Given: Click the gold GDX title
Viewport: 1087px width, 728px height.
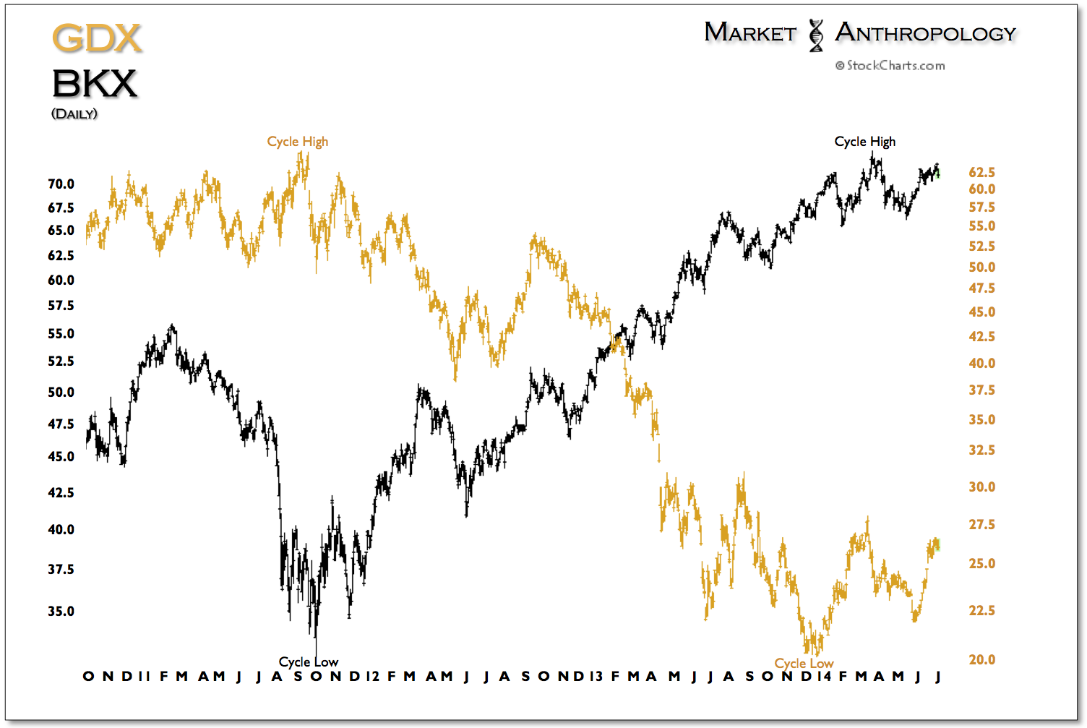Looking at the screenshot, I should [97, 39].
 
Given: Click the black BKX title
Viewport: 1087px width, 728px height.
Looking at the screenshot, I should [95, 84].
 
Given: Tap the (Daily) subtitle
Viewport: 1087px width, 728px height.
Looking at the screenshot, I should [74, 114].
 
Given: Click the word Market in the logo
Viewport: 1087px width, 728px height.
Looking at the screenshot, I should [750, 33].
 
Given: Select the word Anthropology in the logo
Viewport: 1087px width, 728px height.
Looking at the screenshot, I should [925, 33].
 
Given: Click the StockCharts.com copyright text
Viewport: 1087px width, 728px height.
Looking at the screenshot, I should [890, 66].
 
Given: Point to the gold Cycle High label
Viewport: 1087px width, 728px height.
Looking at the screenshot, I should [298, 142].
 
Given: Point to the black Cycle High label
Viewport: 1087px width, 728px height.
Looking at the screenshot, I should [865, 142].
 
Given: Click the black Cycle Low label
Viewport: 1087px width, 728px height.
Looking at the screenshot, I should [309, 662].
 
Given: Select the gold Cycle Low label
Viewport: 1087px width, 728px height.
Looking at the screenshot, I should [804, 664].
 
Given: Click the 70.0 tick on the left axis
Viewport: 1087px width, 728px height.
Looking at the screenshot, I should [61, 184].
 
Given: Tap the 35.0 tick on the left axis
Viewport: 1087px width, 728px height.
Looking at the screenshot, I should [61, 612].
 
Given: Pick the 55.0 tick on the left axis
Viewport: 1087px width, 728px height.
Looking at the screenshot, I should [61, 334].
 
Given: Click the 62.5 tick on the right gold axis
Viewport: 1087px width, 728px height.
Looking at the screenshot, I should [982, 173].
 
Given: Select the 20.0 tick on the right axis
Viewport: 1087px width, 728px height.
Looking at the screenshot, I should [982, 660].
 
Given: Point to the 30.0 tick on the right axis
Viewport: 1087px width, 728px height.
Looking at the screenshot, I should [982, 487].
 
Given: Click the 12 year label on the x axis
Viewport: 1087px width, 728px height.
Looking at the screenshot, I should [373, 677].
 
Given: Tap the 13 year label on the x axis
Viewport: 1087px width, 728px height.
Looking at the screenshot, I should [596, 677].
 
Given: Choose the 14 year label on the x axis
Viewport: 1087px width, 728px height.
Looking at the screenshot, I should [824, 677].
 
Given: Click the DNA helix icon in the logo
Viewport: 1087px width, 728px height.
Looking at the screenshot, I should [816, 35].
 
